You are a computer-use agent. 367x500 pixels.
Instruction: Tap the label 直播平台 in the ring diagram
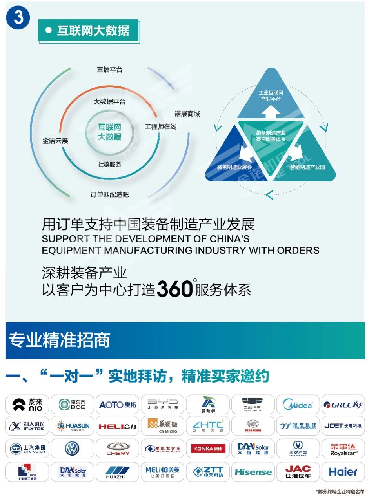[109, 70]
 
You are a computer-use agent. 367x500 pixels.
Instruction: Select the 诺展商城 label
[187, 114]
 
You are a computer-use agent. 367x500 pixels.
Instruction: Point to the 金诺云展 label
[55, 141]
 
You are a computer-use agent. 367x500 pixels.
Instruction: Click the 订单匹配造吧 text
[109, 194]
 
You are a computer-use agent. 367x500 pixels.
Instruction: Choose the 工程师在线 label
[160, 126]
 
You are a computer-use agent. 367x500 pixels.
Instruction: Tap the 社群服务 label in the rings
[109, 164]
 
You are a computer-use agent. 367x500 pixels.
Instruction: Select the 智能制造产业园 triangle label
[307, 167]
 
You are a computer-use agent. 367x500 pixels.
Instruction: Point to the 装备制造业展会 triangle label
[234, 167]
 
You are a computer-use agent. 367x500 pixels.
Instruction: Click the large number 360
[175, 289]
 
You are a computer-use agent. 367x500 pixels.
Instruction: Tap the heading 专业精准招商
[59, 340]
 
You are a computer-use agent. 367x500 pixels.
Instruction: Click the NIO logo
[27, 405]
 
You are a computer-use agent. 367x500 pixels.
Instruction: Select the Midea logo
[298, 405]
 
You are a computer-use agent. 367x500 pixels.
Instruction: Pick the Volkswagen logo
[72, 448]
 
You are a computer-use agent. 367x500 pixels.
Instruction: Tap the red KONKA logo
[208, 448]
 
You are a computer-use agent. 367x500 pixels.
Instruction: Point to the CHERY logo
[118, 448]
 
